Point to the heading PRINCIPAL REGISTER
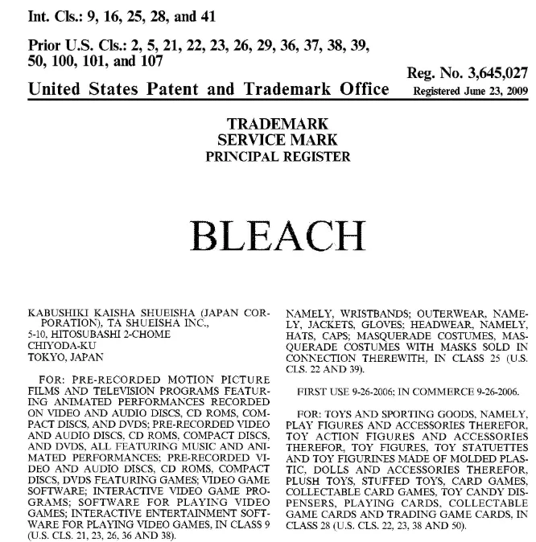(267, 156)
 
